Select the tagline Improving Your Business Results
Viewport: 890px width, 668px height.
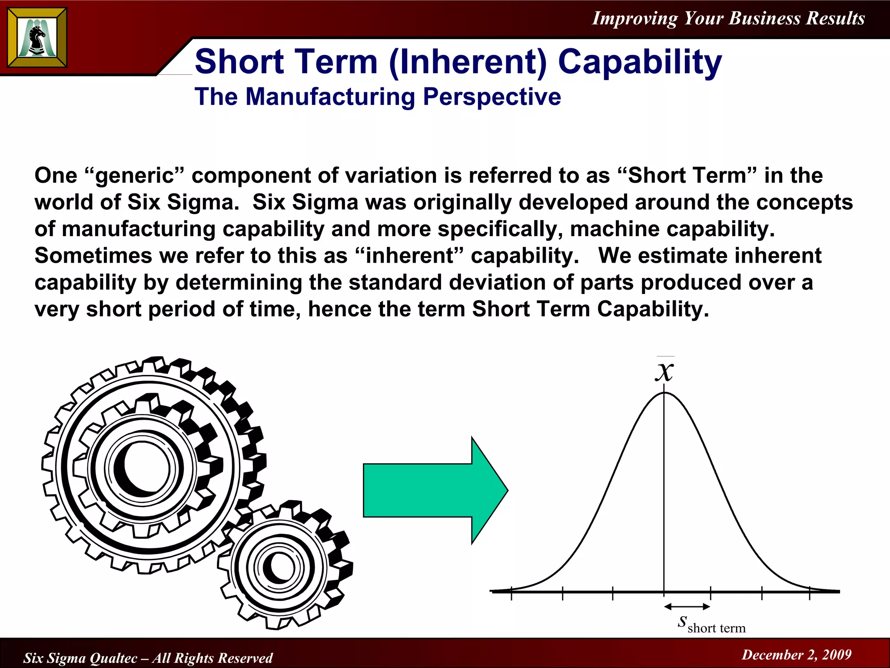click(728, 18)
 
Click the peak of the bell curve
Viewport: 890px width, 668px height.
click(664, 393)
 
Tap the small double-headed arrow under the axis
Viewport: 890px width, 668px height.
click(687, 606)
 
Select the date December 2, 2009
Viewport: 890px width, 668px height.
click(797, 655)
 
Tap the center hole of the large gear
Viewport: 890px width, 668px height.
click(143, 469)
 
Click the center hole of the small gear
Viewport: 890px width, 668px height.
click(279, 567)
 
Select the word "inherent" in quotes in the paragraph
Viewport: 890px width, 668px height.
click(410, 256)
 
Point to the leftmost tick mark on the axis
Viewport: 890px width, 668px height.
click(511, 593)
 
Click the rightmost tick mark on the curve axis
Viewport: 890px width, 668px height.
click(810, 593)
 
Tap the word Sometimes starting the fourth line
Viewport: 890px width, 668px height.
click(93, 256)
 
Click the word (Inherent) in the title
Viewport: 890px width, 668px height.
click(468, 62)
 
